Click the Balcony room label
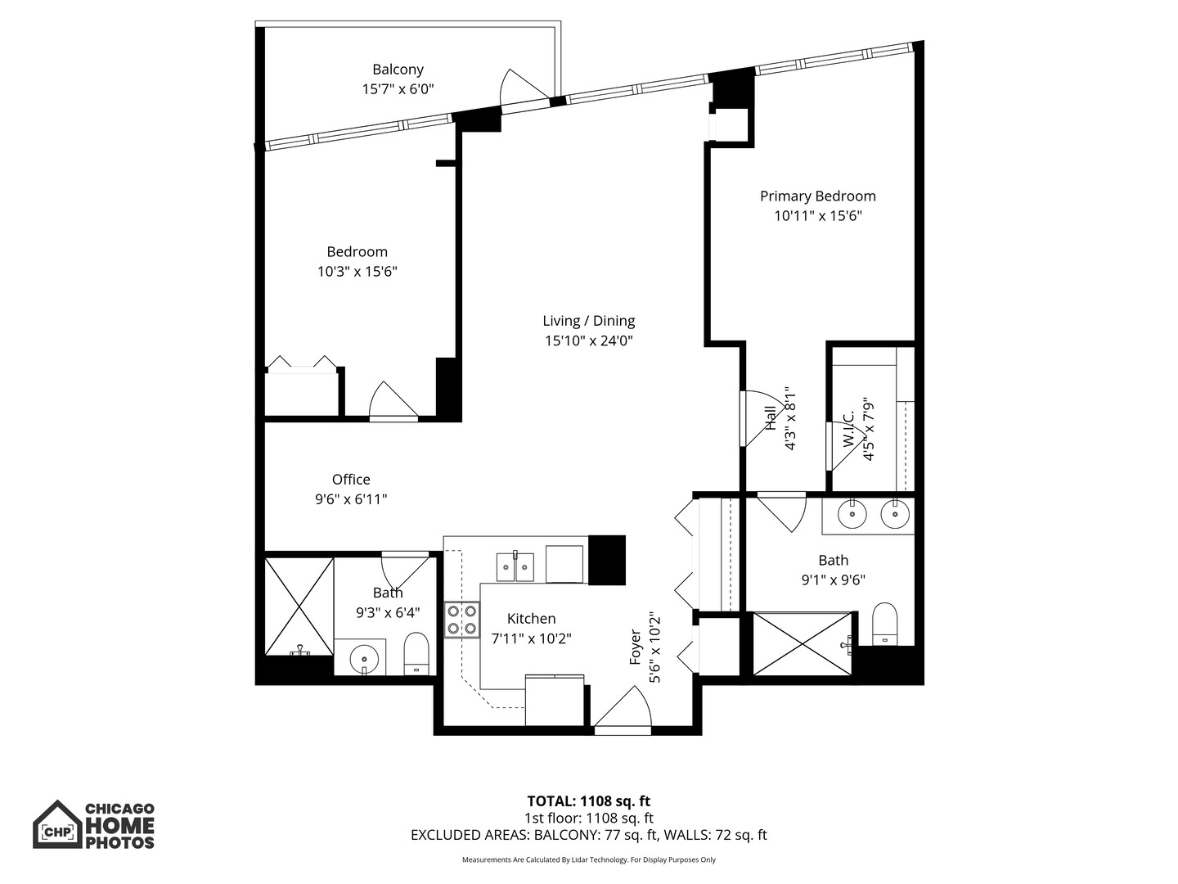(x=398, y=70)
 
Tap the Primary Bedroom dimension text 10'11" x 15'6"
(x=818, y=216)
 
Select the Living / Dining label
(x=588, y=321)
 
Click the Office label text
(x=351, y=480)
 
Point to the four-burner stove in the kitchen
(x=461, y=620)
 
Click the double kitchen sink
(x=515, y=566)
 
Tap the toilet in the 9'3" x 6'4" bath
(x=416, y=653)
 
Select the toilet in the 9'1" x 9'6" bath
(x=884, y=624)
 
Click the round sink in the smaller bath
(x=363, y=657)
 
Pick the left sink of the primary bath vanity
(x=853, y=515)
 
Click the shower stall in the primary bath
(x=802, y=643)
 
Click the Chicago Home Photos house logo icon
(x=57, y=825)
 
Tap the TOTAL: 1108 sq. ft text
(x=588, y=801)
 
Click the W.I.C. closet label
(x=850, y=429)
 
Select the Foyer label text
(x=636, y=647)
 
